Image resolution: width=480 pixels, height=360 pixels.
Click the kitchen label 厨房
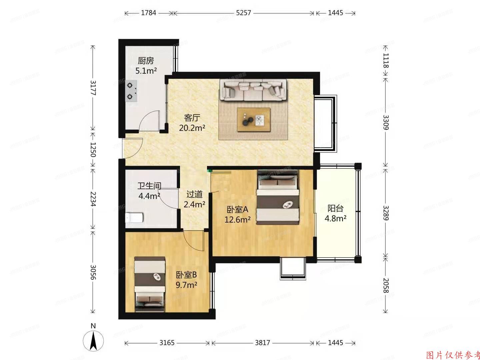(x=146, y=61)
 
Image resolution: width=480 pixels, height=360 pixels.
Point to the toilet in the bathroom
(x=134, y=218)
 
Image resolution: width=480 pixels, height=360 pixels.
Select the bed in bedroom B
(x=150, y=284)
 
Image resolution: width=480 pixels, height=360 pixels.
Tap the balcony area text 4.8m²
(x=335, y=219)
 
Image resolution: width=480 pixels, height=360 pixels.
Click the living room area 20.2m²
(x=192, y=128)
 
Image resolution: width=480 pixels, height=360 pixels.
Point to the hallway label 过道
(x=194, y=194)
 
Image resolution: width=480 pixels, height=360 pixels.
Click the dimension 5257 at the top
(x=243, y=13)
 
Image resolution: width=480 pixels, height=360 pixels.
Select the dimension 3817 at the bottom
(x=262, y=343)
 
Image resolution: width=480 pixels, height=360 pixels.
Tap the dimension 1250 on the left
(x=93, y=150)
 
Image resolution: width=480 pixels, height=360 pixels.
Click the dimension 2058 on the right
(x=385, y=285)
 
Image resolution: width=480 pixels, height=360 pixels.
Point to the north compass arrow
(x=94, y=341)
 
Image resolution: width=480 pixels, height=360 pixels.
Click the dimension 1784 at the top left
(x=149, y=13)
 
